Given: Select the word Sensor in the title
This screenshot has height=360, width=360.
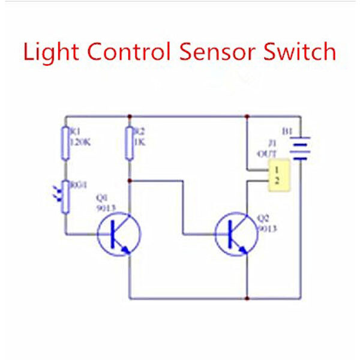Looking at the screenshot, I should (221, 52).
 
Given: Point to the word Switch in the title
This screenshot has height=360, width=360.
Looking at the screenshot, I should (300, 52).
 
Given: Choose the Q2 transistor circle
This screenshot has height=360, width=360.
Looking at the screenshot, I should (238, 234).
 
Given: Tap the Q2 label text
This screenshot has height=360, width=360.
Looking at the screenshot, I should (263, 220).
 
